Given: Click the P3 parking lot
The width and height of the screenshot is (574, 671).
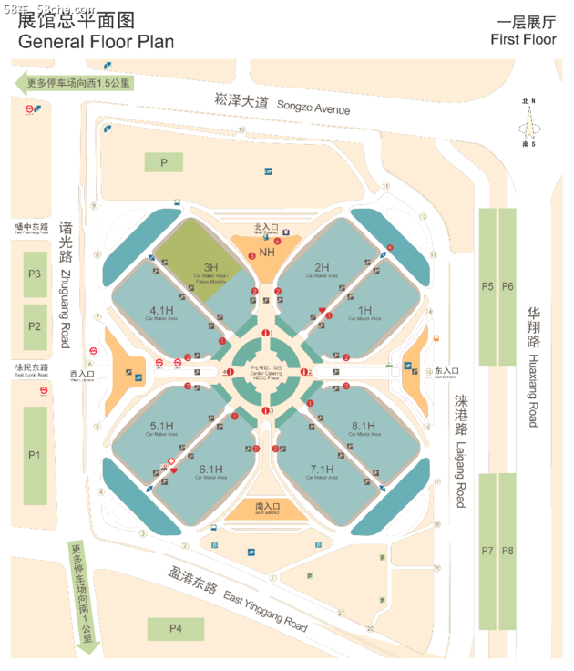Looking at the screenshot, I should (x=36, y=273).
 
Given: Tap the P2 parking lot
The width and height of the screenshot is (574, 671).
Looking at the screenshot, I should (x=36, y=325).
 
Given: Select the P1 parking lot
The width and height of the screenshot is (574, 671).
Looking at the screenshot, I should (x=36, y=454).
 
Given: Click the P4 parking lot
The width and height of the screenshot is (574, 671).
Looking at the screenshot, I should (x=176, y=628).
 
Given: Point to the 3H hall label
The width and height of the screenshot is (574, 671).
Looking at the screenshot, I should (x=210, y=267).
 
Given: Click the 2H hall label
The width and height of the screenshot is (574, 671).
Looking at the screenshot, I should (x=322, y=266).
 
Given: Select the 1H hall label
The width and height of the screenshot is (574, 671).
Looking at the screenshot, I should (x=364, y=310).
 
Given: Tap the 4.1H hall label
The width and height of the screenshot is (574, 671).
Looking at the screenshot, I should (x=161, y=310).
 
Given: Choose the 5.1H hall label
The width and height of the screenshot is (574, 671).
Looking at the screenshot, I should (x=161, y=426).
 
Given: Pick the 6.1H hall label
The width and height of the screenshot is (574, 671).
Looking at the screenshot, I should (x=211, y=469).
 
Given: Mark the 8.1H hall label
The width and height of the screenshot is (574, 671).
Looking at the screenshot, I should (x=364, y=426).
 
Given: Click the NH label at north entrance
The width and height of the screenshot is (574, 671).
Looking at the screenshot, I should (x=267, y=252).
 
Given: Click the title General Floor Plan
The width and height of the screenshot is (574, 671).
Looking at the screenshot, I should (x=96, y=42).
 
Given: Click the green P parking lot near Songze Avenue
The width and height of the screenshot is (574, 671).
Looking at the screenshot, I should (x=164, y=162).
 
